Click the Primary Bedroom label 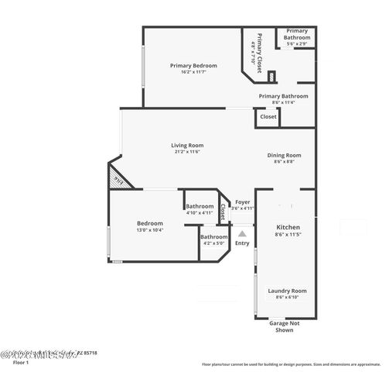click(x=193, y=66)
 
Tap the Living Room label click(x=187, y=145)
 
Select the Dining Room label click(x=283, y=155)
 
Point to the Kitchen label click(x=288, y=228)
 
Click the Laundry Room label click(x=288, y=291)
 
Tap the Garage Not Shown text click(x=284, y=326)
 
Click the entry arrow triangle click(x=242, y=232)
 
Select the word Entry click(x=242, y=243)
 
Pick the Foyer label click(x=243, y=201)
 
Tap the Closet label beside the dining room click(x=268, y=116)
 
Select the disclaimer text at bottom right click(x=291, y=363)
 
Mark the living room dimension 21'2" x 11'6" click(x=187, y=151)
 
